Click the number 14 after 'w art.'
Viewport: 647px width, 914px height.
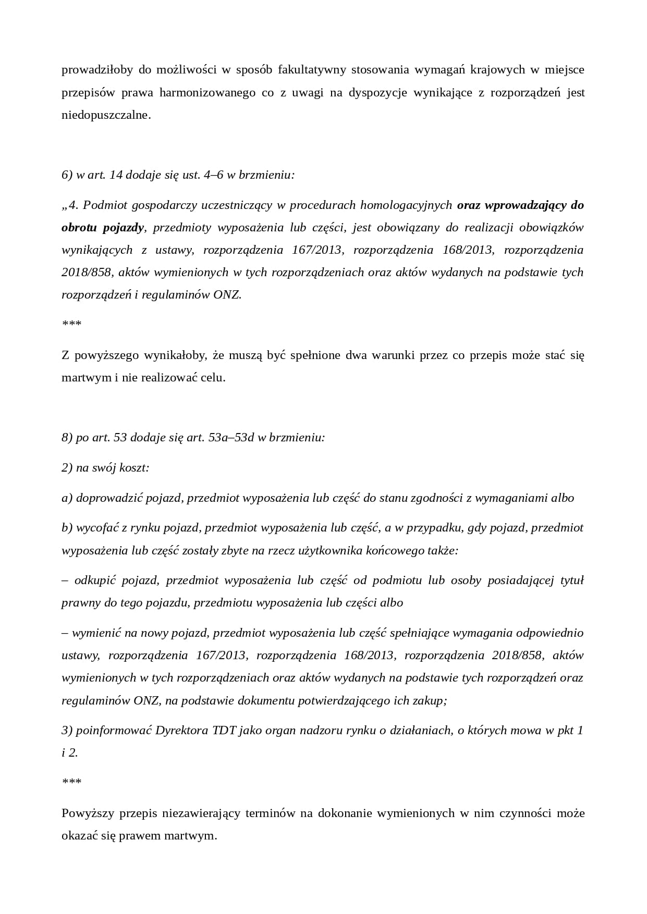click(x=116, y=175)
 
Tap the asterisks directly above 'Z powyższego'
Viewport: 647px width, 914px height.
click(x=71, y=325)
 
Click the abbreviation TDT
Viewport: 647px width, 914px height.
click(x=224, y=731)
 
